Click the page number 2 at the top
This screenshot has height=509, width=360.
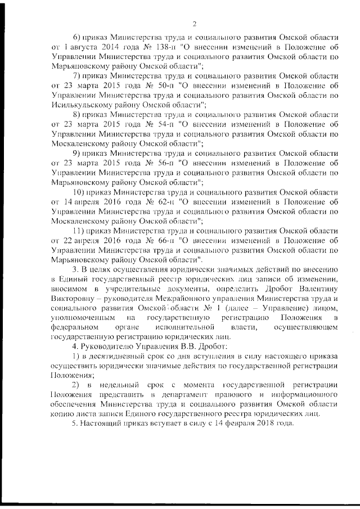point(193,23)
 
